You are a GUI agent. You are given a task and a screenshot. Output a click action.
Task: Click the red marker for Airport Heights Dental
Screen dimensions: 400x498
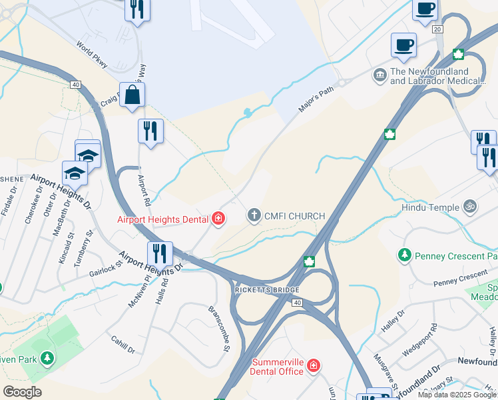pyautogui.click(x=218, y=219)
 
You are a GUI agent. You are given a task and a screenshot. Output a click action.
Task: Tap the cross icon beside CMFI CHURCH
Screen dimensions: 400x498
pyautogui.click(x=253, y=215)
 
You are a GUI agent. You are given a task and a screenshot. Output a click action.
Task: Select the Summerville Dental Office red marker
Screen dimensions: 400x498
pyautogui.click(x=314, y=365)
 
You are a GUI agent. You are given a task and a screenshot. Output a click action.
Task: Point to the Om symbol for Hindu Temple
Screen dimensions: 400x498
pyautogui.click(x=470, y=207)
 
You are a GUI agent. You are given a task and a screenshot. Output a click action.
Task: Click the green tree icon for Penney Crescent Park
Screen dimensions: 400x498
pyautogui.click(x=404, y=255)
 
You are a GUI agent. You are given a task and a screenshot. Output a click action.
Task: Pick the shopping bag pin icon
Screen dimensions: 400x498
pyautogui.click(x=132, y=95)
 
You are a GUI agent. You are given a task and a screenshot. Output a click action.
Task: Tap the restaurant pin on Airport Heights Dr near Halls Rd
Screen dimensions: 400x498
pyautogui.click(x=160, y=253)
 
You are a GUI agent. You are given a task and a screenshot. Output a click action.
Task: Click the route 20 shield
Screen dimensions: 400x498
pyautogui.click(x=437, y=29)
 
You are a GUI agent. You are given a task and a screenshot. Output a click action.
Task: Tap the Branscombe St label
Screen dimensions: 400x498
pyautogui.click(x=219, y=328)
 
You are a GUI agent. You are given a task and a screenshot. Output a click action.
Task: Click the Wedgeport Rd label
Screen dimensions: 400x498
pyautogui.click(x=424, y=338)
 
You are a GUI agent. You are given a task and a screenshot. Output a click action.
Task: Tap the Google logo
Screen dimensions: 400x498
pyautogui.click(x=22, y=392)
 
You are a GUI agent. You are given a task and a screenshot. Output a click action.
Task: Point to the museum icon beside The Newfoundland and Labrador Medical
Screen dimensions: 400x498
pyautogui.click(x=380, y=73)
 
